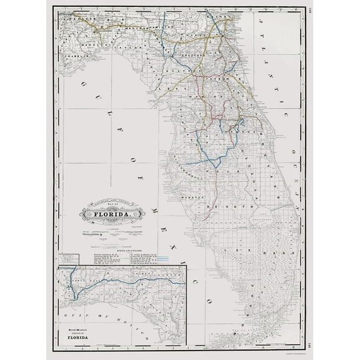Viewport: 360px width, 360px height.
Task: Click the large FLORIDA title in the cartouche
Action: click(113, 216)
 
